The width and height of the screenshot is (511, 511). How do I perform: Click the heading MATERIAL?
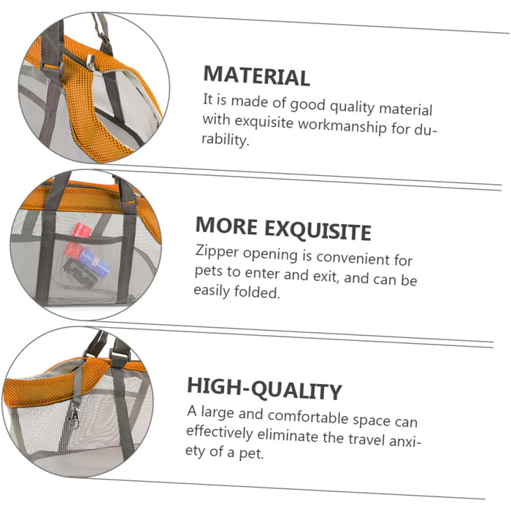pos(256,76)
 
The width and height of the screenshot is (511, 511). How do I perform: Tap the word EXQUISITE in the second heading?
pos(318,230)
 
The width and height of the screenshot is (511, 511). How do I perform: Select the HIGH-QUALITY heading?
pos(264,388)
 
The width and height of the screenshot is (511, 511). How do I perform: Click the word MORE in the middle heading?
pos(226,226)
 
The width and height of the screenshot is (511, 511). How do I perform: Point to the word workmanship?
pos(342,126)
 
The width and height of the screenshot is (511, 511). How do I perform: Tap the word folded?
pos(257,292)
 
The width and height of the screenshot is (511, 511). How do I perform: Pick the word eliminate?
pos(288,435)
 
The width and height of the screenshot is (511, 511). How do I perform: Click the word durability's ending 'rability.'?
pos(225,139)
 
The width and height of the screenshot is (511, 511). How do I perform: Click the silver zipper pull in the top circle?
pos(91,63)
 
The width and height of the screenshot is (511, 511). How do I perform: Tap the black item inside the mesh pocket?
pos(80,273)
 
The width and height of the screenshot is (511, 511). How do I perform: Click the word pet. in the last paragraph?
pos(251,453)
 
